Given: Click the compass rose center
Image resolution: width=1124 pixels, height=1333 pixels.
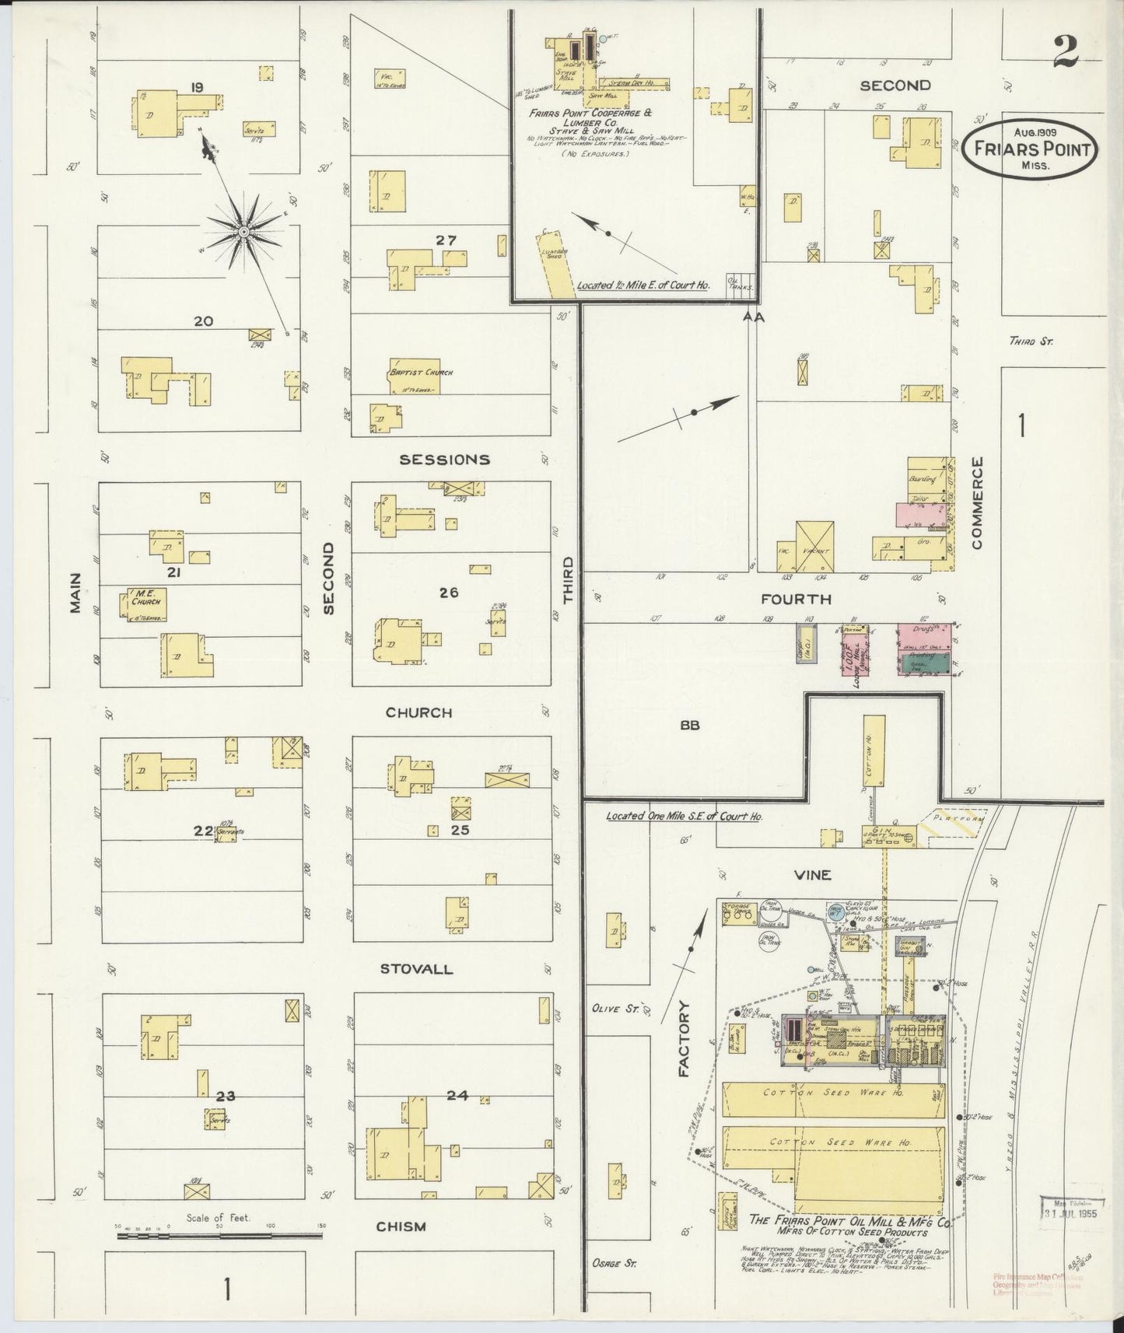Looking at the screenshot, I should pos(243,231).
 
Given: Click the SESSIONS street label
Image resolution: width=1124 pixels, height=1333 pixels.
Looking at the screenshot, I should pos(444,460).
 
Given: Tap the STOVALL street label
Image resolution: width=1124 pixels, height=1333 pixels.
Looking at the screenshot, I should pos(416,969).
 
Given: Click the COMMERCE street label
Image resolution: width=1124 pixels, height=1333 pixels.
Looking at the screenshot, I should pos(977,502).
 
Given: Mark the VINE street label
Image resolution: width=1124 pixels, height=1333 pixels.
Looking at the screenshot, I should pos(813,875).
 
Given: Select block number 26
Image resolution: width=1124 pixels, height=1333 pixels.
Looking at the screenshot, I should pos(448,593).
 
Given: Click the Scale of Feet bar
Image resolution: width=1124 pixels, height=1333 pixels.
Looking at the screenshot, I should pos(219,1235).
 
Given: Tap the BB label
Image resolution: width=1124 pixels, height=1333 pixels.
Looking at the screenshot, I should pos(690,725).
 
